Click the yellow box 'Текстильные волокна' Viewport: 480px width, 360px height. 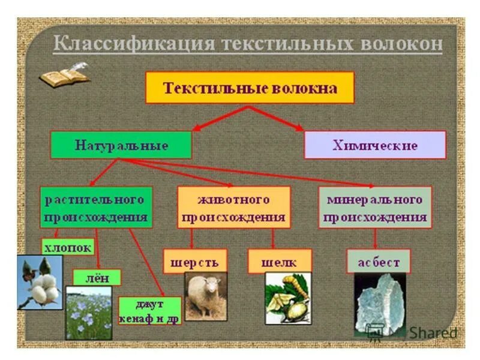(250, 88)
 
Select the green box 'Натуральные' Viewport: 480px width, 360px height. (121, 145)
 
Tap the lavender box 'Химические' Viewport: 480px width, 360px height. (375, 145)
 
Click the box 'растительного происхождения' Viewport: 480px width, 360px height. (96, 207)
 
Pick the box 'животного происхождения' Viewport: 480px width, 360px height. (233, 207)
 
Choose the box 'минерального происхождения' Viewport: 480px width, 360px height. (374, 207)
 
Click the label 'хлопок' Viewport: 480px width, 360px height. (68, 247)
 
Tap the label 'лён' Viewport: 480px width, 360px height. (97, 277)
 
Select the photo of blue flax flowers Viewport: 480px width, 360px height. (89, 312)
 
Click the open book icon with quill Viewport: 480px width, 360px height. (64, 75)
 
